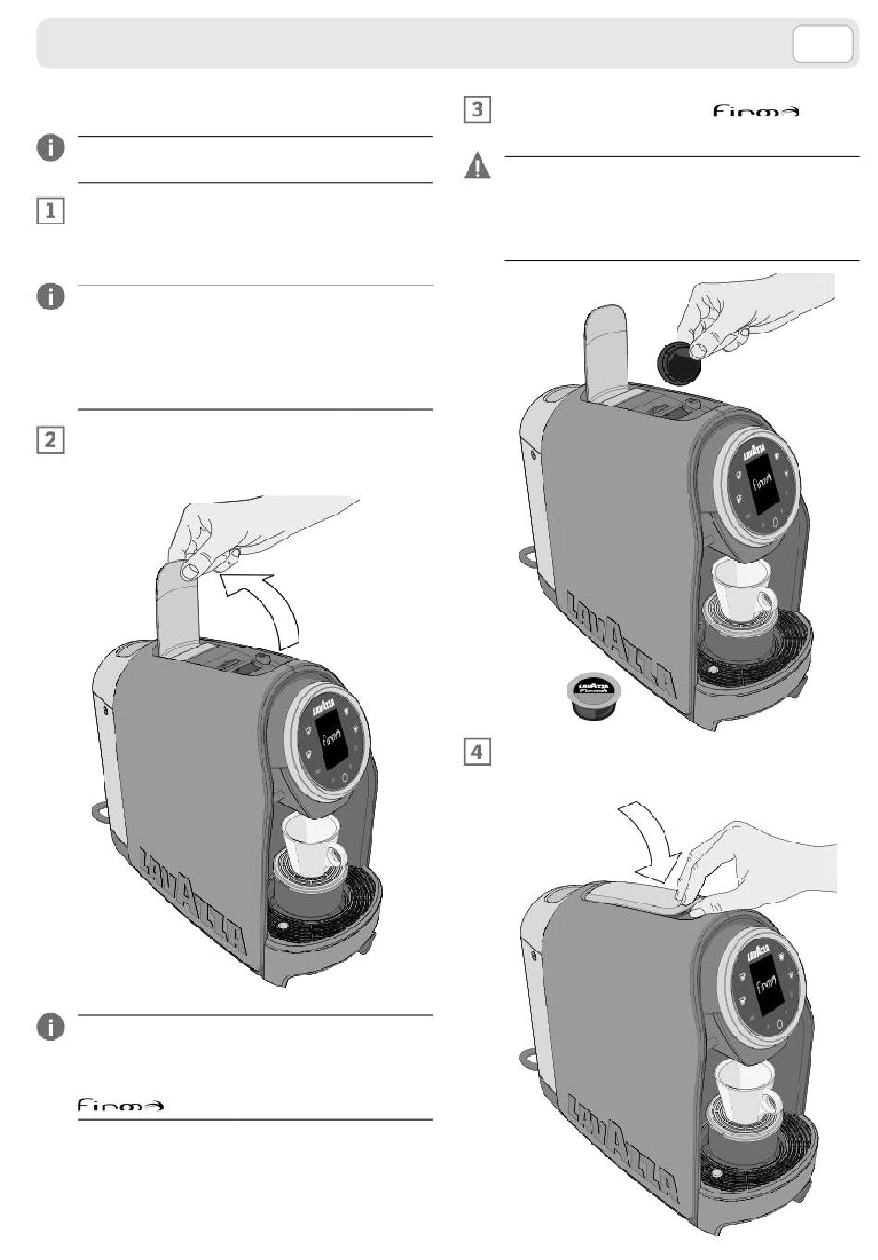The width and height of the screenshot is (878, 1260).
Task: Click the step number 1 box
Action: [x=50, y=211]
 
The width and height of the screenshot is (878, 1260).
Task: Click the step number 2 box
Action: [x=50, y=439]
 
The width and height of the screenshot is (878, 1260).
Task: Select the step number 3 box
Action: [x=476, y=109]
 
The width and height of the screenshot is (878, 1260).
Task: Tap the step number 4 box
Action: [x=476, y=751]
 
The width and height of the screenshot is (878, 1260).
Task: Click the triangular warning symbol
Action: [x=477, y=167]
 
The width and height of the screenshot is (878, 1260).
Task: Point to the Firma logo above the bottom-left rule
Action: [x=120, y=1105]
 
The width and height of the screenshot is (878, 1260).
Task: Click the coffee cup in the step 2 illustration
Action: [x=312, y=842]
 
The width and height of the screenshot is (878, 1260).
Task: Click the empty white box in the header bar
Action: [x=823, y=43]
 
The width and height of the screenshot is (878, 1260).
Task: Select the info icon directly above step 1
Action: [x=51, y=148]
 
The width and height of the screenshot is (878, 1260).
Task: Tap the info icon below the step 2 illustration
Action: [x=51, y=1026]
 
